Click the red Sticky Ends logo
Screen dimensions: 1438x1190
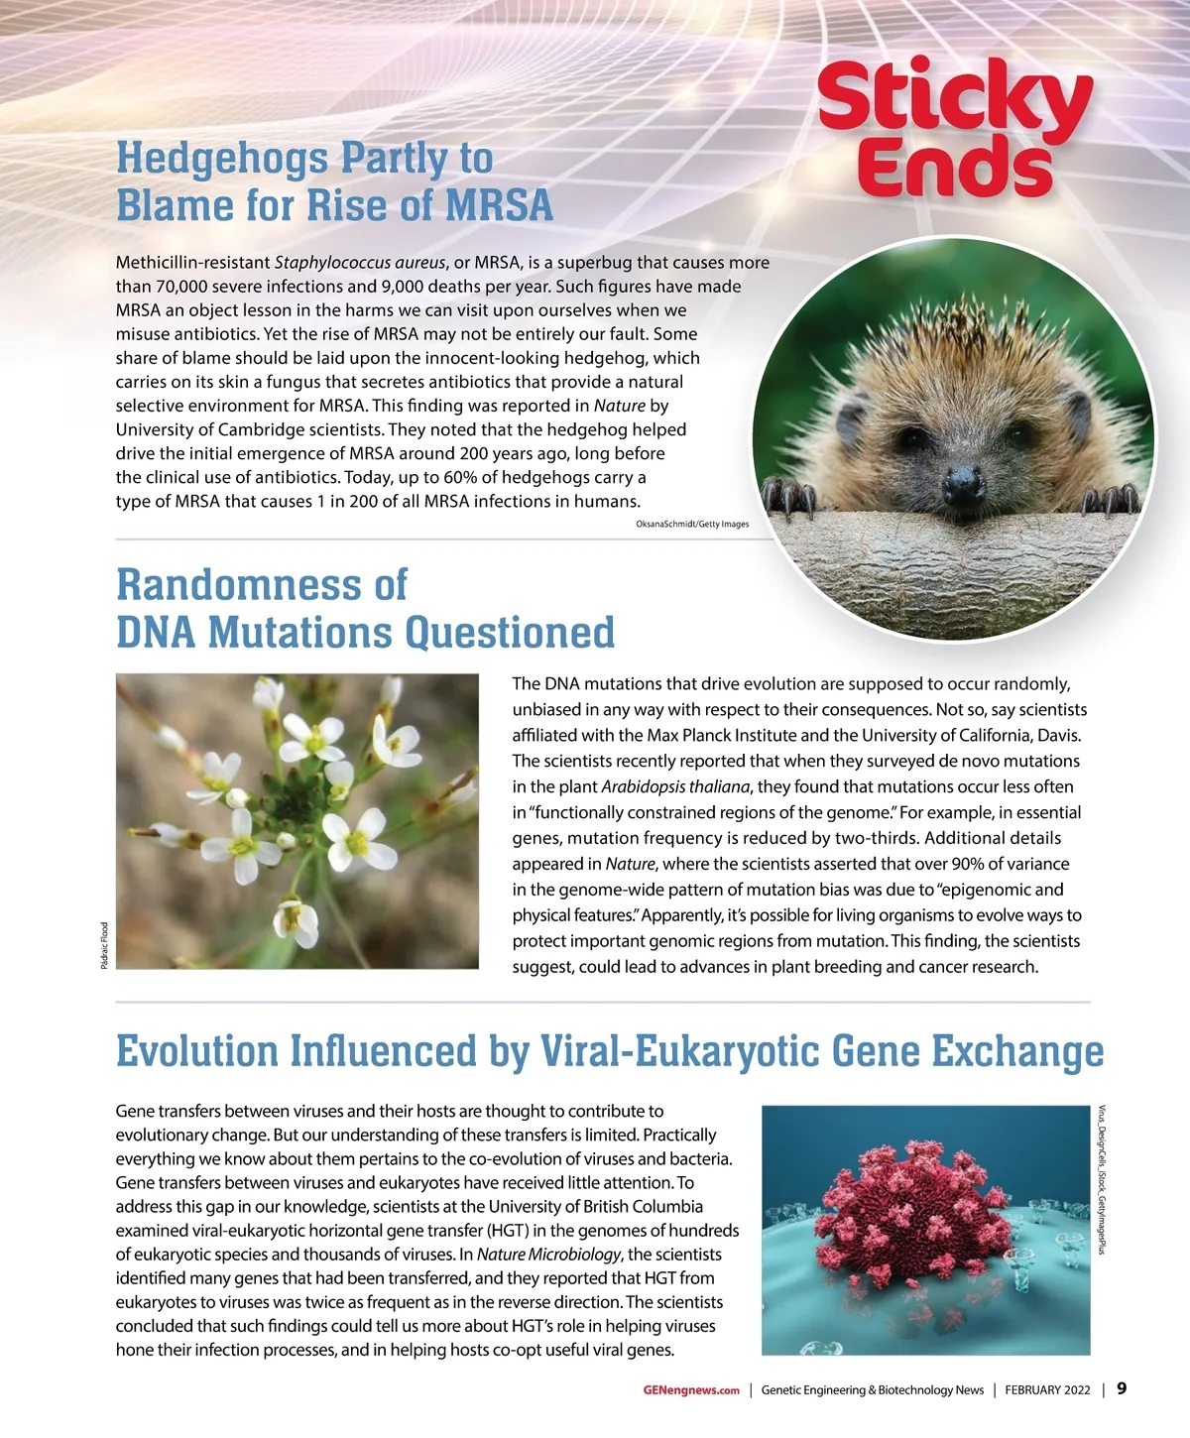tap(954, 129)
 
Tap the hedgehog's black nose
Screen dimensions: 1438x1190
tap(963, 483)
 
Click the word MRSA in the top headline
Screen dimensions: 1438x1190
tap(499, 205)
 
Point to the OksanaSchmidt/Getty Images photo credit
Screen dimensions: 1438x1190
tap(692, 524)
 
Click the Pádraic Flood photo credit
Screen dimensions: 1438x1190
tap(105, 945)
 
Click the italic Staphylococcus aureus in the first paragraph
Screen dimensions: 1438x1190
tap(359, 263)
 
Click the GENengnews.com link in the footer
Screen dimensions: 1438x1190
tap(691, 1390)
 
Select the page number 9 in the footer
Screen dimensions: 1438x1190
tap(1122, 1388)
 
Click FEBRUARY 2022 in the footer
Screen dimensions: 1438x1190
tap(1047, 1390)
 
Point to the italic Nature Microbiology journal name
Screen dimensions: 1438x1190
tap(548, 1255)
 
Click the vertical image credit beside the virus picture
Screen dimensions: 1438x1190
tap(1102, 1179)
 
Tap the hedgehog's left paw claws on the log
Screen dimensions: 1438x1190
tap(787, 493)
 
